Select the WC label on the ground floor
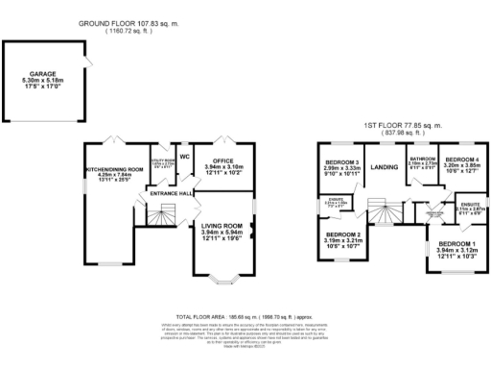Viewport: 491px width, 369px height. [x=187, y=156]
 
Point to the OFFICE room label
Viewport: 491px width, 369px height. [x=223, y=160]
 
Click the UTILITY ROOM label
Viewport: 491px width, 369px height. [x=161, y=162]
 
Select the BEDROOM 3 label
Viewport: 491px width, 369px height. [x=342, y=162]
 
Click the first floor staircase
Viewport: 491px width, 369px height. [x=385, y=213]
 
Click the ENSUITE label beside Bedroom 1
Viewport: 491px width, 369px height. [x=470, y=205]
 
